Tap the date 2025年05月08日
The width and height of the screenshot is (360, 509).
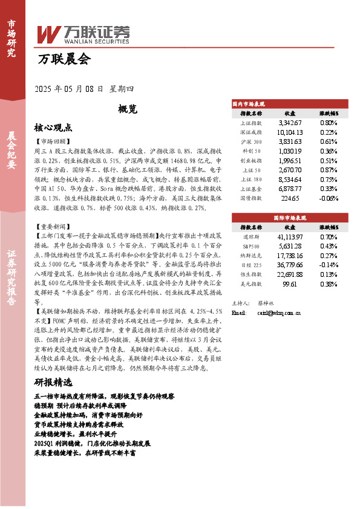pos(70,89)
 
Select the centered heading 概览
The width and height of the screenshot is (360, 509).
pos(128,109)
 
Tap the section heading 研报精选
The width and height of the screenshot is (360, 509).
pos(53,383)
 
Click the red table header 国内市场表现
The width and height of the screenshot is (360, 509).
pos(249,104)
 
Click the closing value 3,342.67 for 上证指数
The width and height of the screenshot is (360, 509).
pos(289,123)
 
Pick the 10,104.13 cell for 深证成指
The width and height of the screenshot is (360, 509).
pos(289,132)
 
